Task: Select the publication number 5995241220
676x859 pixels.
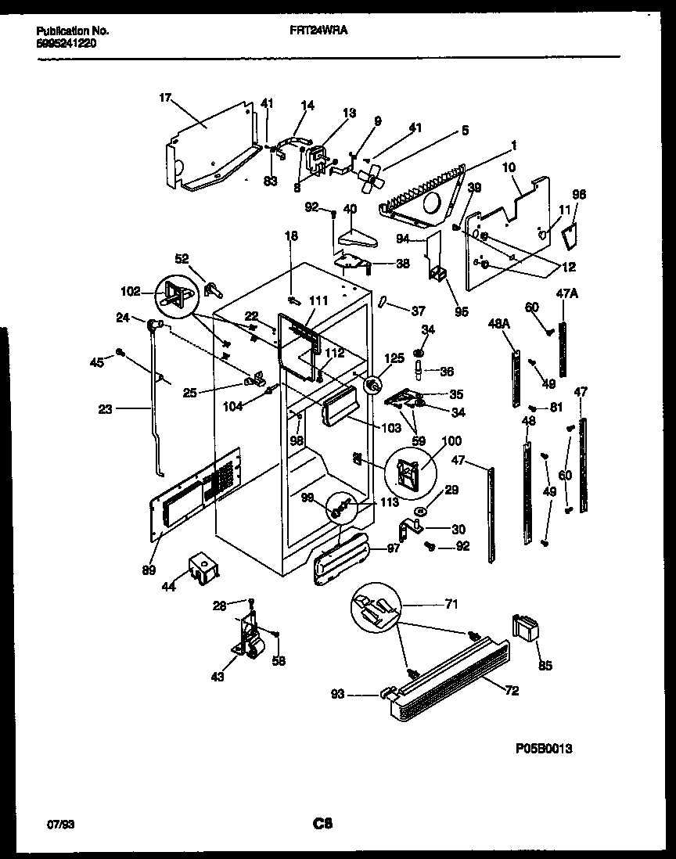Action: (67, 44)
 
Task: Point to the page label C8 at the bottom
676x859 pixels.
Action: (323, 824)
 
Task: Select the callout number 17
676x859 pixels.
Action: (164, 98)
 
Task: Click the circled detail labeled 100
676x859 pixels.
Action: (411, 470)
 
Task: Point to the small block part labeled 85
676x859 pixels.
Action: (526, 628)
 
